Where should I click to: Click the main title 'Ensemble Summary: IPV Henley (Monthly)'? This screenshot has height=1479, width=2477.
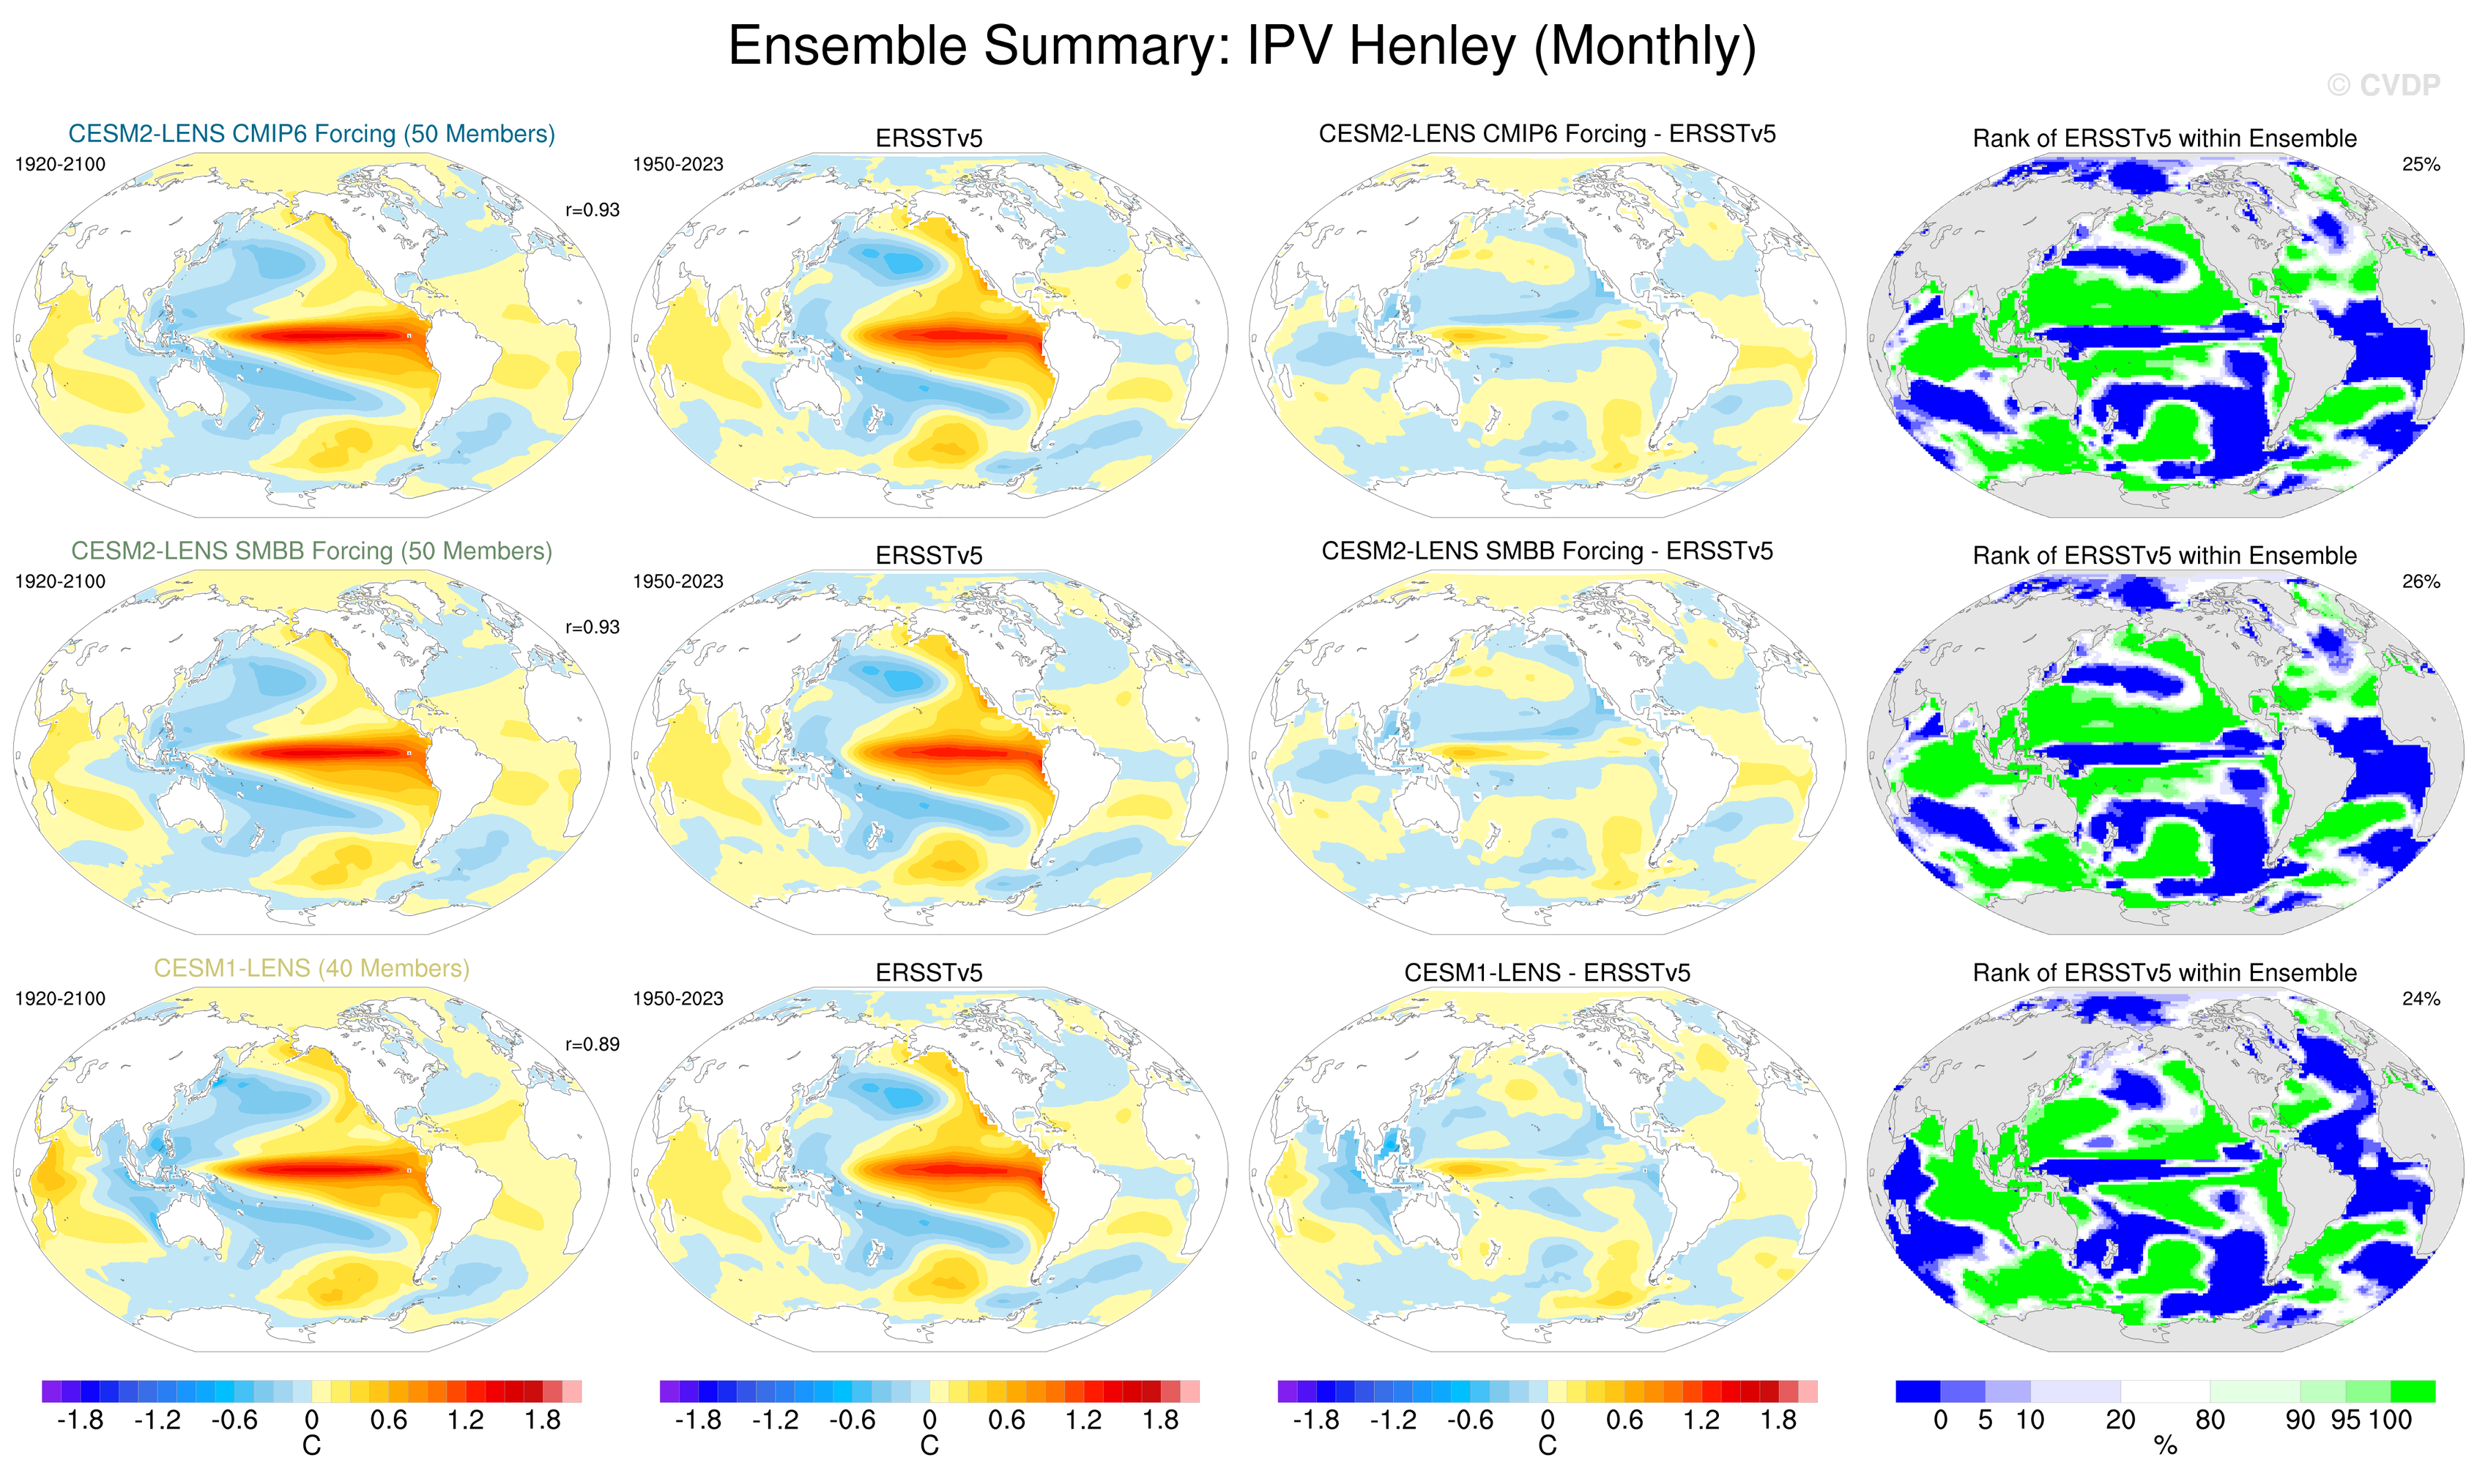pos(1241,46)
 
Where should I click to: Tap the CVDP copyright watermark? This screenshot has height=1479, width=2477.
pos(2383,86)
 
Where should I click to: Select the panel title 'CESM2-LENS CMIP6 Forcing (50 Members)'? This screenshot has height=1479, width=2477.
pos(311,133)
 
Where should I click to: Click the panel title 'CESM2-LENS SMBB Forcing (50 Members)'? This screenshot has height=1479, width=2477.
pos(311,551)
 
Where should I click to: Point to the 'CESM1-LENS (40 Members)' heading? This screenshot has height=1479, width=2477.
pos(311,968)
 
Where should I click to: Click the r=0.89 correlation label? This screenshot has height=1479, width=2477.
pos(592,1045)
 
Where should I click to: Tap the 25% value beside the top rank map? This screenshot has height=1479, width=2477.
pos(2420,165)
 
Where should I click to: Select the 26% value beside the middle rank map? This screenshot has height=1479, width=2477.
pos(2420,581)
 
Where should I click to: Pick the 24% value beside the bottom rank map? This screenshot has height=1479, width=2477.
pos(2420,999)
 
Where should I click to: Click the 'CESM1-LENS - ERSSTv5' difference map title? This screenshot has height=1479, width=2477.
pos(1547,973)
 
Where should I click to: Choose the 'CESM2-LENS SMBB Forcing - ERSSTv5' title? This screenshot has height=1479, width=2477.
pos(1547,551)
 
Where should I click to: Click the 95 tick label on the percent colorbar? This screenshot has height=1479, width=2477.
pos(2345,1420)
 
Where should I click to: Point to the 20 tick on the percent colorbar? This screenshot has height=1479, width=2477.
pos(2120,1420)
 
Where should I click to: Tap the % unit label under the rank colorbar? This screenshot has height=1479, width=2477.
pos(2165,1446)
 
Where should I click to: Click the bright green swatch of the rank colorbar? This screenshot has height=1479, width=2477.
pos(2413,1391)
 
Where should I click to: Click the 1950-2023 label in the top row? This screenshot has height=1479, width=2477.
pos(677,165)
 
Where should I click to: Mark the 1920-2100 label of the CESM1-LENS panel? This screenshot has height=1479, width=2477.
pos(60,999)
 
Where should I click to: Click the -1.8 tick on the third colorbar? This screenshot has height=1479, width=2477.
pos(1315,1420)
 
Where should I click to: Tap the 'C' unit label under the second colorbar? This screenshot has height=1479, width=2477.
pos(929,1446)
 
